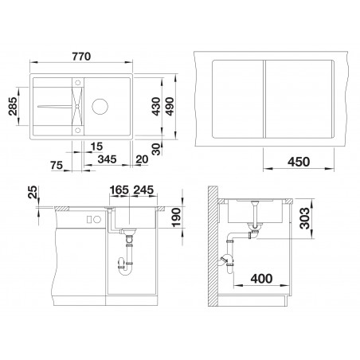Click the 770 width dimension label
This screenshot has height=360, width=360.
pyautogui.click(x=81, y=57)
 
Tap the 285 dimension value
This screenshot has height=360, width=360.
pyautogui.click(x=13, y=106)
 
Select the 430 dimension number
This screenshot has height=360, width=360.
pyautogui.click(x=156, y=107)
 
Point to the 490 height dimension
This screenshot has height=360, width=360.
pyautogui.click(x=170, y=107)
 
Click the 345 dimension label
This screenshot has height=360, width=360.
pyautogui.click(x=107, y=159)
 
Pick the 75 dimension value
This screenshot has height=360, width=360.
pyautogui.click(x=57, y=166)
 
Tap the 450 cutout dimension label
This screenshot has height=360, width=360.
pyautogui.click(x=299, y=162)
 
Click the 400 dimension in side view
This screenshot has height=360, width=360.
pyautogui.click(x=261, y=279)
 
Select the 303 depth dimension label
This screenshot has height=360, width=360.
pyautogui.click(x=304, y=218)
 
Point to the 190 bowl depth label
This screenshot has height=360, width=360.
pyautogui.click(x=176, y=217)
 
